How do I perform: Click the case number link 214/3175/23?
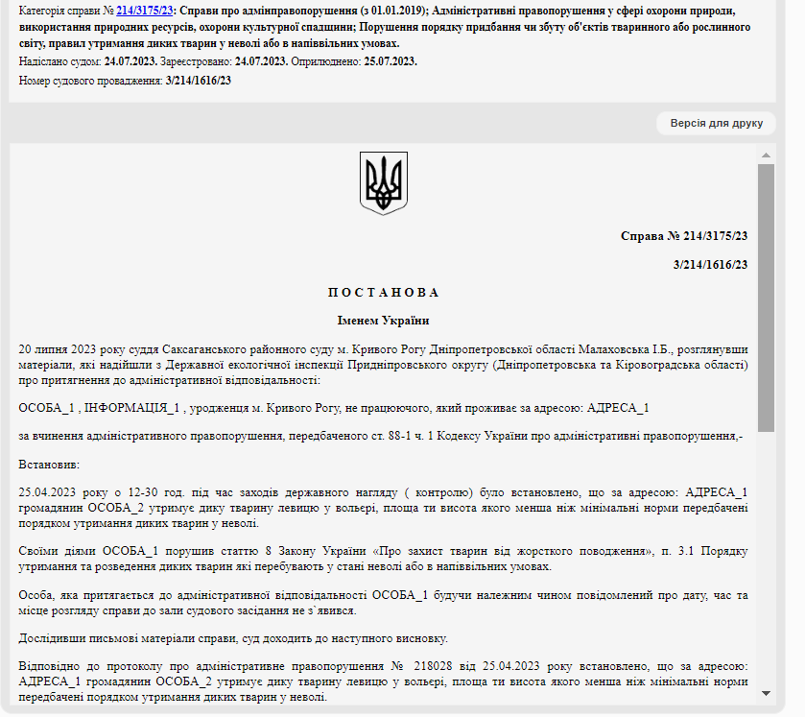point(144,10)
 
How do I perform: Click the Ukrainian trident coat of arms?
point(384,182)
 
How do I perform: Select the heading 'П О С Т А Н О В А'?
point(383,293)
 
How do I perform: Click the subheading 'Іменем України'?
point(383,321)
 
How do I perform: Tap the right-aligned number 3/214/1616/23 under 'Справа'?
point(710,265)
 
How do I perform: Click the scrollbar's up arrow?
point(766,155)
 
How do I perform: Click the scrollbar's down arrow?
point(766,692)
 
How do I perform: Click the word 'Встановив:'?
point(48,465)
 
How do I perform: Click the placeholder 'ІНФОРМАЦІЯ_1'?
point(132,408)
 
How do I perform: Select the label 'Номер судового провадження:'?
point(90,81)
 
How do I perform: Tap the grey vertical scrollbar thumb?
point(766,298)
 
